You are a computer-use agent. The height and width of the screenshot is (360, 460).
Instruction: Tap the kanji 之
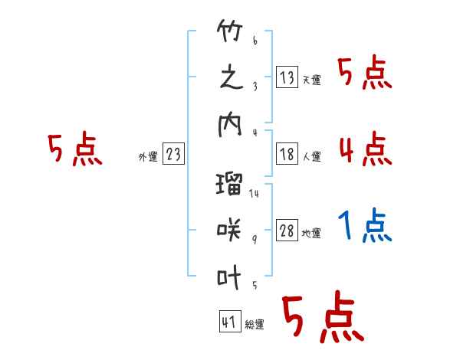[x=229, y=79]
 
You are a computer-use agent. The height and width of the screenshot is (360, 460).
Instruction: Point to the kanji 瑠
[x=229, y=184]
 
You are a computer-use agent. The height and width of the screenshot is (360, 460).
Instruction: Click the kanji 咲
[x=229, y=229]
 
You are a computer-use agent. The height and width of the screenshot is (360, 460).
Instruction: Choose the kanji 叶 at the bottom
[x=229, y=273]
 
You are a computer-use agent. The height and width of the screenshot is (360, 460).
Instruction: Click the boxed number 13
[x=287, y=77]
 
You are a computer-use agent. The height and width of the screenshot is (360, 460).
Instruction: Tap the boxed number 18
[x=287, y=154]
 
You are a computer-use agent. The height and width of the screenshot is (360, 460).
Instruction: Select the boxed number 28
[x=287, y=231]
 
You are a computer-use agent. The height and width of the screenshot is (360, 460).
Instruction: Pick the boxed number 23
[x=173, y=155]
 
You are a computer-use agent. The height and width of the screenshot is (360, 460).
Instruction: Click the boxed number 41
[x=228, y=322]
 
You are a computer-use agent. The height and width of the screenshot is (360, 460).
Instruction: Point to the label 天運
[x=311, y=80]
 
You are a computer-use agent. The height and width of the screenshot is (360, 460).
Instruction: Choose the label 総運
[x=255, y=325]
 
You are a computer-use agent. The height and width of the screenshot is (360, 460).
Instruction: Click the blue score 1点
[x=364, y=226]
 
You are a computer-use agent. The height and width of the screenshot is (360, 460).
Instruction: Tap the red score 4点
[x=364, y=148]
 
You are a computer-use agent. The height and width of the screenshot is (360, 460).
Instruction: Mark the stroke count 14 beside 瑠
[x=254, y=193]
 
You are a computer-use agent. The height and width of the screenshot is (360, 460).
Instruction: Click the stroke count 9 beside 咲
[x=255, y=239]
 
